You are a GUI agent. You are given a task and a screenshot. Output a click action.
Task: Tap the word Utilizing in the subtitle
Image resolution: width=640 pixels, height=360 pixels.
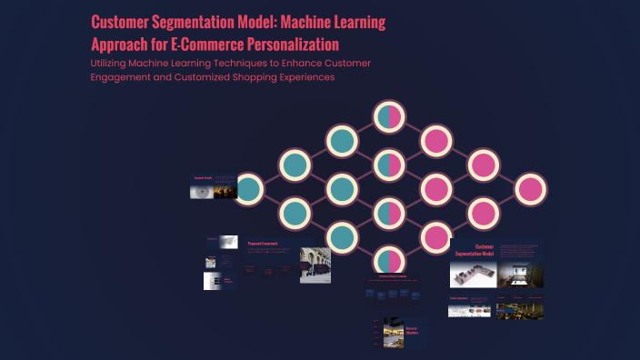(x=111, y=63)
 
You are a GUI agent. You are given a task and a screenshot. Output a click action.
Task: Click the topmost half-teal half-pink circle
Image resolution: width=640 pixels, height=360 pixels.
(x=389, y=116)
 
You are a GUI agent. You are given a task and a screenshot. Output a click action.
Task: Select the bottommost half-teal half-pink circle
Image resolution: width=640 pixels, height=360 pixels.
(x=389, y=260)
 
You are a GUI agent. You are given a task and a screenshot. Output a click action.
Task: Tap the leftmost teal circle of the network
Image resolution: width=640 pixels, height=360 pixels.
(x=247, y=189)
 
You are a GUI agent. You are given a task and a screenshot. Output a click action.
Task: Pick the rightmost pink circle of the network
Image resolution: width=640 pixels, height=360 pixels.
(x=531, y=189)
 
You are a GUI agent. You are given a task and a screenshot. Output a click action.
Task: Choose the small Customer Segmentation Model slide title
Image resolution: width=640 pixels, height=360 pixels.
(x=485, y=250)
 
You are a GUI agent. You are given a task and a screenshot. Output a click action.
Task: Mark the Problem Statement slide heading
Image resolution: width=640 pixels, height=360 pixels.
(x=457, y=298)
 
